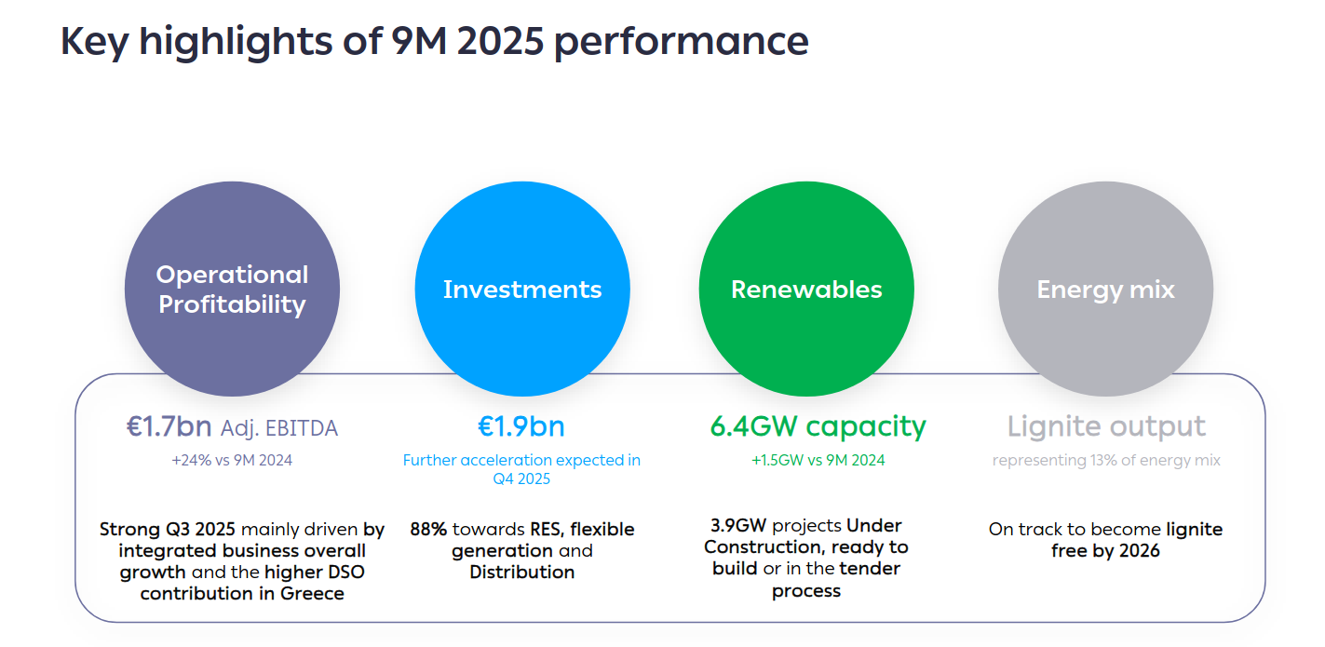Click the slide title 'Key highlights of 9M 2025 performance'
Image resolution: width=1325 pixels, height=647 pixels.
coord(434,43)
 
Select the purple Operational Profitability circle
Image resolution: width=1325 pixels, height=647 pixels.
coord(232,290)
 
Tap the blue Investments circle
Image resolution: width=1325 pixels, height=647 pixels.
coord(522,290)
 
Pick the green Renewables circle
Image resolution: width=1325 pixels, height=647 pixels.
coord(806,290)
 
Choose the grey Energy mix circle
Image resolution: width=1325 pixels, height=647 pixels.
coord(1105,290)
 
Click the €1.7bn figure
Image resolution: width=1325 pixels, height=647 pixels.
coord(169,427)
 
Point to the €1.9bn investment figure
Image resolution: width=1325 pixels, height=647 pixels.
coord(521,426)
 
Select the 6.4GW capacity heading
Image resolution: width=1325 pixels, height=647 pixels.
coord(818,426)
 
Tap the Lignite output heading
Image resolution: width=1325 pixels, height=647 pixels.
coord(1106,426)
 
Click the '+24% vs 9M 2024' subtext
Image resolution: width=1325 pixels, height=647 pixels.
coord(232,460)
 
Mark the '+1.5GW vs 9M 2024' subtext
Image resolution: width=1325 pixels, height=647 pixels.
coord(818,460)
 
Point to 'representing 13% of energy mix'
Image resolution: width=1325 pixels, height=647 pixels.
coord(1106,460)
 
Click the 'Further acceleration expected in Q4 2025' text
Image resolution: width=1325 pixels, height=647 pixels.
coord(521,469)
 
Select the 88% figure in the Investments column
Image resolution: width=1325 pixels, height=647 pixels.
coord(428,529)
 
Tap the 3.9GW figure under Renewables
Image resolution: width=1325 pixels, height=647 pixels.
coord(737,525)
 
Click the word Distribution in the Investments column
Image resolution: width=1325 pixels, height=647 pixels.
coord(521,572)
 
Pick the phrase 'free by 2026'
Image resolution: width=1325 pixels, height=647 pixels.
coord(1106,550)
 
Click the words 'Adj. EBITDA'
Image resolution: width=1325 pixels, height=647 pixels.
coord(279,428)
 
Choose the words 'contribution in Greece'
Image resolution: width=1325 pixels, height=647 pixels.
coord(242,593)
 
